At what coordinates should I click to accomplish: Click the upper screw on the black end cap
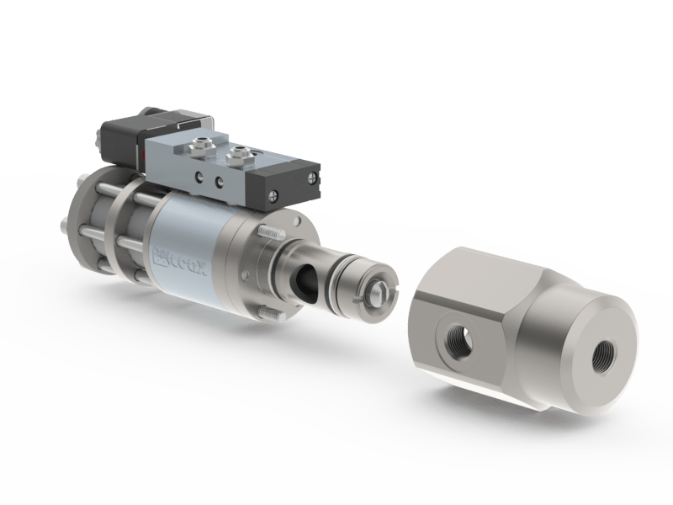pyautogui.click(x=312, y=178)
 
